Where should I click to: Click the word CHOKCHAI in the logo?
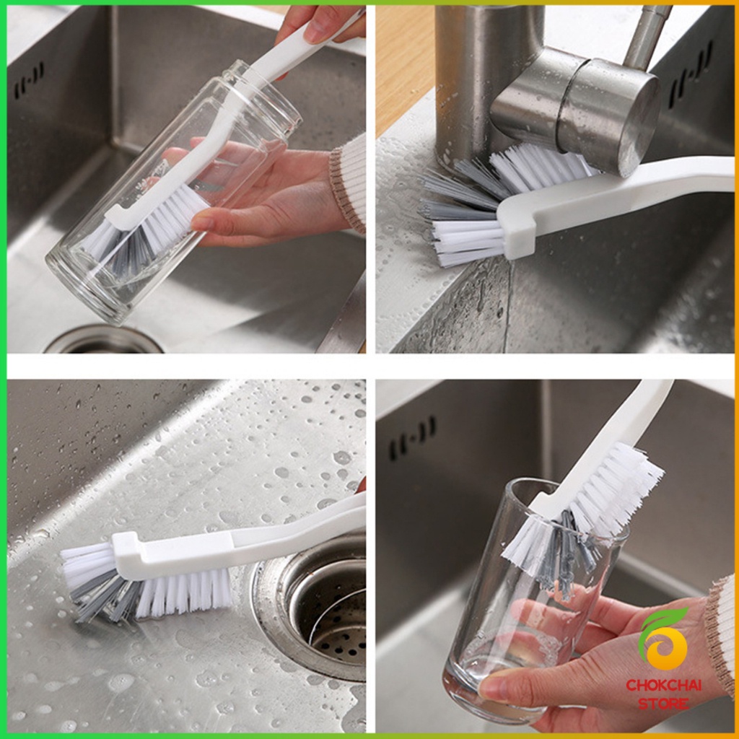(663, 685)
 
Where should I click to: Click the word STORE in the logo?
(663, 704)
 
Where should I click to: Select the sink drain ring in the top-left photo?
(103, 339)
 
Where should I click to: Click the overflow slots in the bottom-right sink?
(412, 438)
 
